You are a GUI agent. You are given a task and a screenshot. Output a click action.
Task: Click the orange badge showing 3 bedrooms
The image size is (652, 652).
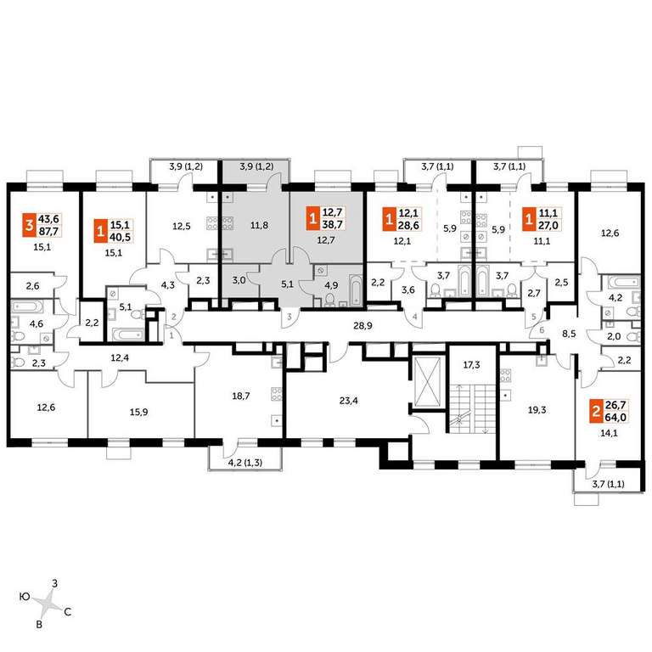pos(29,226)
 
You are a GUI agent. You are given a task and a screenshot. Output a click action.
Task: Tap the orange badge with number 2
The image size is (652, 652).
pos(595,412)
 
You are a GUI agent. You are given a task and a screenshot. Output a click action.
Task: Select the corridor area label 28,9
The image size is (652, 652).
pos(363,326)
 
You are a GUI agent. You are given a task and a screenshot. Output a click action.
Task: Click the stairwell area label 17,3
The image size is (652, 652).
pos(471,365)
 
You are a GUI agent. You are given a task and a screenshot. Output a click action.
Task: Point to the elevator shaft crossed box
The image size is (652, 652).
pos(428,381)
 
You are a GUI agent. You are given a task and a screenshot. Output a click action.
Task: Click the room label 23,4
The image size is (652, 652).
pos(348,401)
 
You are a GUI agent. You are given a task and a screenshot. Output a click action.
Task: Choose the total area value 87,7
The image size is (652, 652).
pos(48,232)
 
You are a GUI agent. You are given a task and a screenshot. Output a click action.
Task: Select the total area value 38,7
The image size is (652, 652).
pos(333,226)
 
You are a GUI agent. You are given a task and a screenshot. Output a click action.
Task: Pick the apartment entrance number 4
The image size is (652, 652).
pos(414,317)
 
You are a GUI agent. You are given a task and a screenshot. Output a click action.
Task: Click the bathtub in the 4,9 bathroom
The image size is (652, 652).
pos(356,288)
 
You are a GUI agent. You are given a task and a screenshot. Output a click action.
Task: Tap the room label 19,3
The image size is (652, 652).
pos(537,410)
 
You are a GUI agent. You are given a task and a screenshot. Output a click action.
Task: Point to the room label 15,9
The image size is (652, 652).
pos(138,412)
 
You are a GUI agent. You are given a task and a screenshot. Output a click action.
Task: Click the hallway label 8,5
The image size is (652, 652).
pos(569,334)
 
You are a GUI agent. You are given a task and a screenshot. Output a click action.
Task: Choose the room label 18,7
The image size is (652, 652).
pos(241,396)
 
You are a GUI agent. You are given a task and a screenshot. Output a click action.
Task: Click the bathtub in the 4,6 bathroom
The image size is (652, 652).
pos(27,307)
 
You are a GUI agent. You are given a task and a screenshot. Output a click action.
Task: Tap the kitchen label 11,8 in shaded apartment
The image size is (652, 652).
pos(259,225)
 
